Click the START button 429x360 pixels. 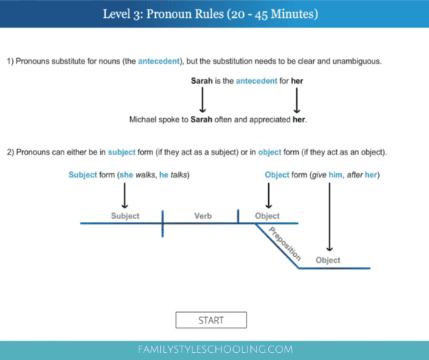pos(211,320)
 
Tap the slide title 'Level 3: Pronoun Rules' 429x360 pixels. pos(214,14)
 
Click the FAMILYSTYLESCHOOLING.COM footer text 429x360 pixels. pos(214,349)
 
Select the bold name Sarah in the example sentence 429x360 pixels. pos(202,120)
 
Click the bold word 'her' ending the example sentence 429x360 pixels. pos(298,120)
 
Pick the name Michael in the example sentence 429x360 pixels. pos(145,120)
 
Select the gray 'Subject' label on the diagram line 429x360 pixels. pos(125,215)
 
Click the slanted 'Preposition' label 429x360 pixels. pos(285,243)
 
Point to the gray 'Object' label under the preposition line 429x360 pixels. pos(328,260)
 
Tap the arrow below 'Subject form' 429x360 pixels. pos(125,195)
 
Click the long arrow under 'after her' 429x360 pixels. pos(329,215)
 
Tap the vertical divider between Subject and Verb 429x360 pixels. pos(162,223)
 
